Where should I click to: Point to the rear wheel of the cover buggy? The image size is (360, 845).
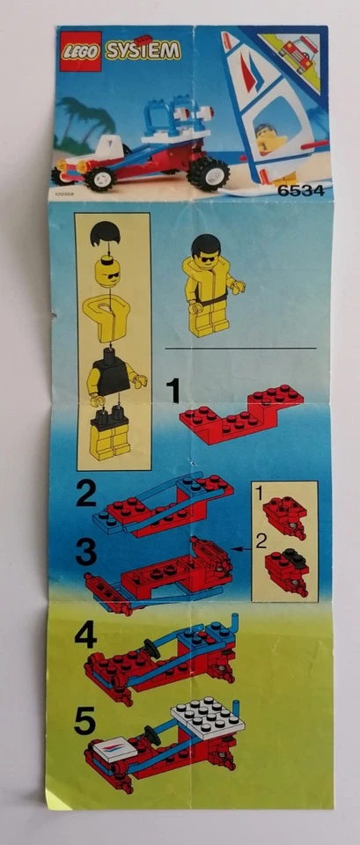pos(209,172)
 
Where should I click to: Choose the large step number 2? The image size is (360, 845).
pos(85,495)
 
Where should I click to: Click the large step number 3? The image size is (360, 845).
pos(85,553)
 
